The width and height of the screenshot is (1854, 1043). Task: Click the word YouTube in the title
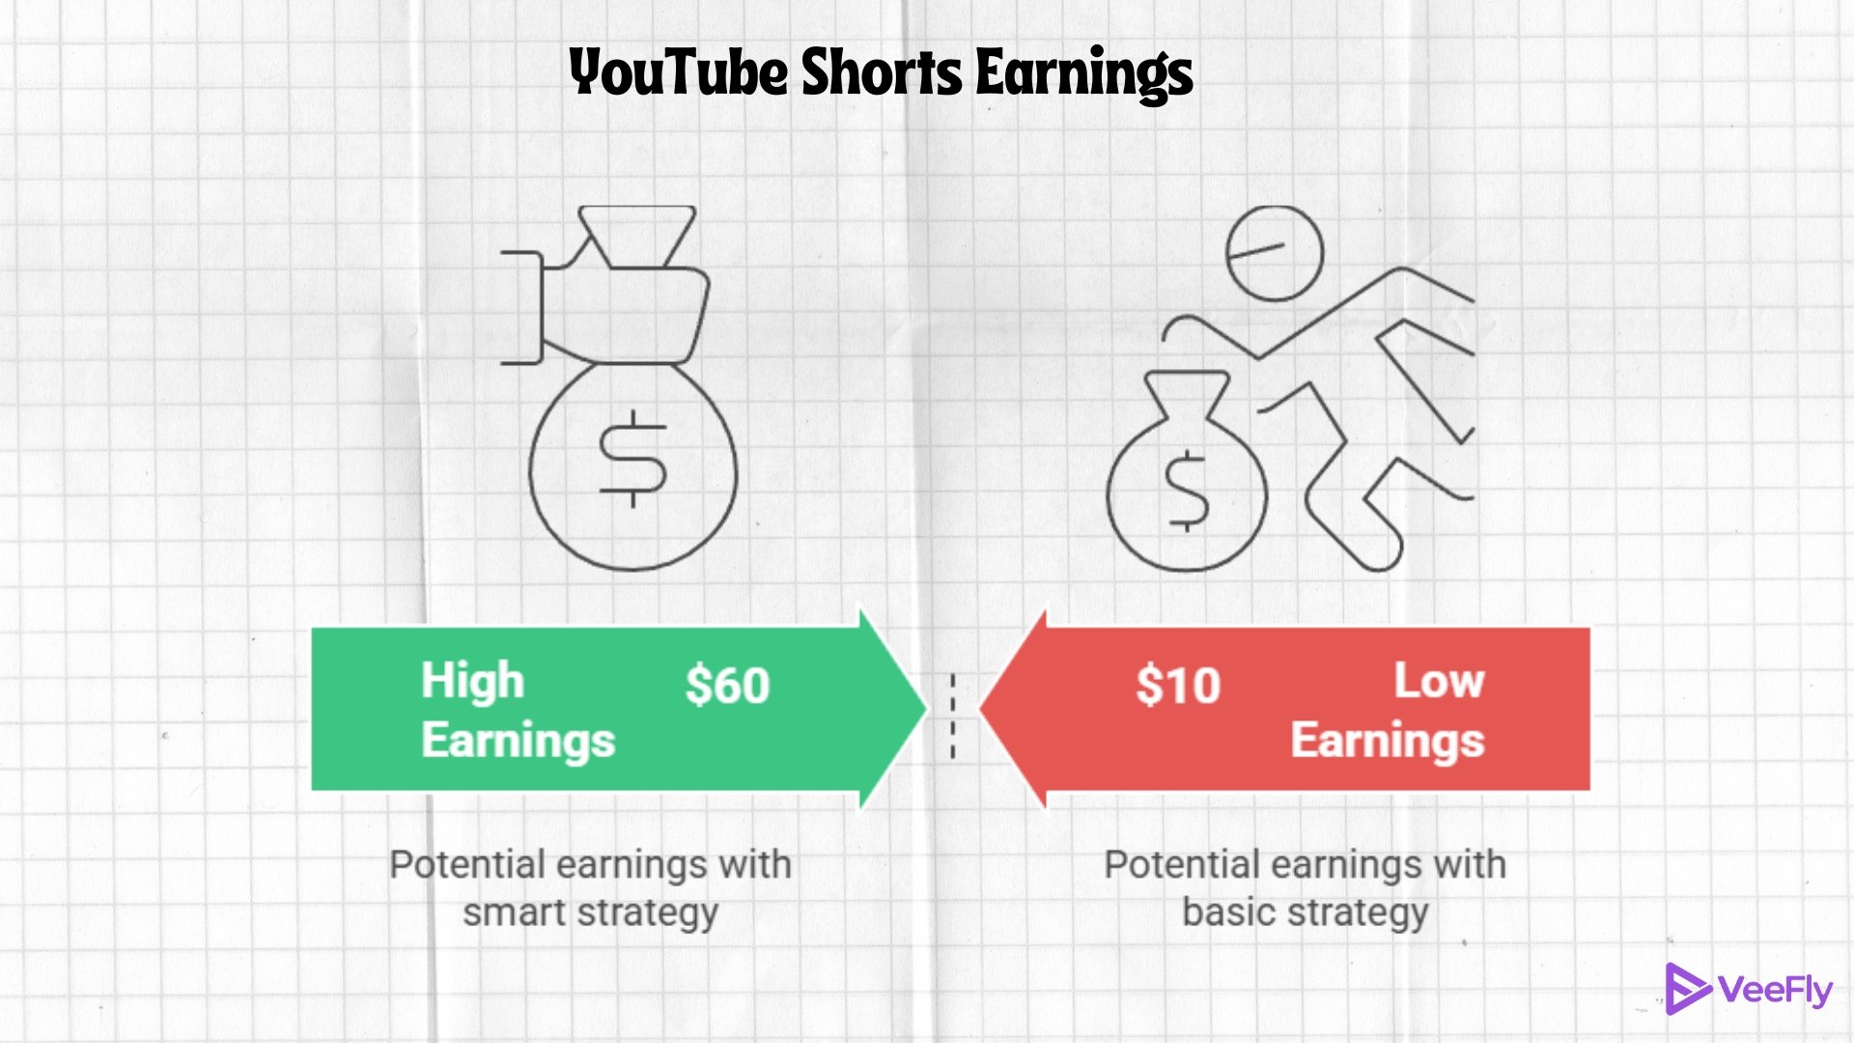click(x=678, y=72)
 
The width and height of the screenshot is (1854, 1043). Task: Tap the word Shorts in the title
click(x=882, y=72)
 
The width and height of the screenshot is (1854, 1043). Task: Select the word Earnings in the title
click(x=1084, y=74)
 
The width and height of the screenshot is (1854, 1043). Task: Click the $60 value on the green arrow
click(x=727, y=686)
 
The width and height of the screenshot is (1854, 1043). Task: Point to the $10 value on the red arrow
click(x=1178, y=686)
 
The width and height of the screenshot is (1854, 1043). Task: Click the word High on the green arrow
click(x=472, y=681)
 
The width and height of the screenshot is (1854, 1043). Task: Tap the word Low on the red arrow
click(x=1439, y=681)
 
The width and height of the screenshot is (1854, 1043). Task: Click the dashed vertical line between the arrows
click(x=952, y=715)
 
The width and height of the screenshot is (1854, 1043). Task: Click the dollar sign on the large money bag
click(x=633, y=460)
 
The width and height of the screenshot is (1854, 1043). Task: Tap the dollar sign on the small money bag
click(x=1187, y=491)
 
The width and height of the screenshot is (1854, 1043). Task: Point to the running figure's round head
click(x=1274, y=253)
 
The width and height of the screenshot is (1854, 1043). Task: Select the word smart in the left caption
click(x=515, y=913)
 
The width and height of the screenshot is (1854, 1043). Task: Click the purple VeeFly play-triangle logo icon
click(x=1685, y=989)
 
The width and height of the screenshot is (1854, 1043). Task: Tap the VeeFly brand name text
click(x=1775, y=991)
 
